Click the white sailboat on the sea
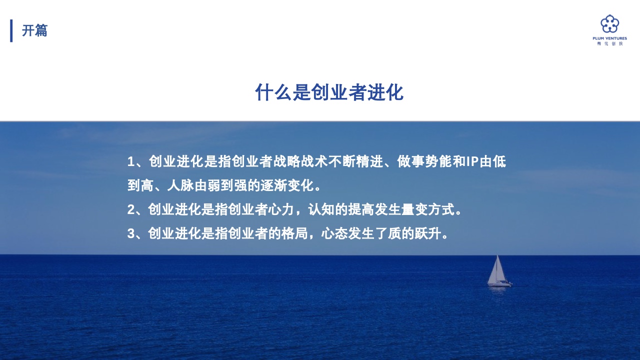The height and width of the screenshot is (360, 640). click(499, 271)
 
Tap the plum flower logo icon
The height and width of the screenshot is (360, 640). click(609, 24)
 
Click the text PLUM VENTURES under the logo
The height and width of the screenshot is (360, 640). click(609, 38)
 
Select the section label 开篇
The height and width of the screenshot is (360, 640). click(34, 30)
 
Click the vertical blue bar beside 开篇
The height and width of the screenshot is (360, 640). click(11, 30)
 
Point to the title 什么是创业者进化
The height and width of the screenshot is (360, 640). click(329, 92)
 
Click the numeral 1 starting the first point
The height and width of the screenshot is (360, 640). click(131, 161)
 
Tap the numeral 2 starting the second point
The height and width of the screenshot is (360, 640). click(131, 209)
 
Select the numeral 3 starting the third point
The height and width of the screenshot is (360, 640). click(131, 233)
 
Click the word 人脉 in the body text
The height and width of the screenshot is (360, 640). click(180, 185)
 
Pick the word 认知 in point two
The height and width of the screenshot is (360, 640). click(321, 209)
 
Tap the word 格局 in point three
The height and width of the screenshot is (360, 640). click(294, 233)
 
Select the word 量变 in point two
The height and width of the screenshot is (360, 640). click(414, 209)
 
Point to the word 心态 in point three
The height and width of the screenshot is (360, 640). click(334, 233)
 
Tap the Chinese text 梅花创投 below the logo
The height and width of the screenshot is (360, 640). click(609, 43)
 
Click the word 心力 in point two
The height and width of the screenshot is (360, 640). click(281, 209)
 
